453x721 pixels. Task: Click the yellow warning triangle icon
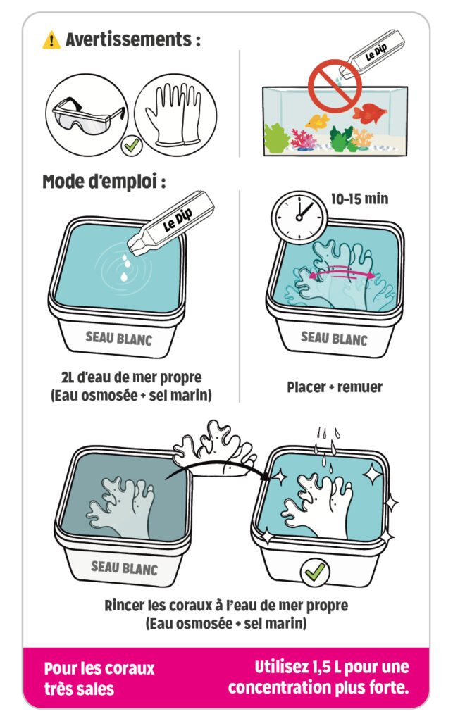click(x=51, y=40)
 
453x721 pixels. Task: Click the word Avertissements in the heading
click(x=128, y=39)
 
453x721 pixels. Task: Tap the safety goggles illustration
click(x=88, y=115)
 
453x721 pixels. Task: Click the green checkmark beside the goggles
click(x=131, y=146)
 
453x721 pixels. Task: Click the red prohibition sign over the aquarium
click(x=335, y=86)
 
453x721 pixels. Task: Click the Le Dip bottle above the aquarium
click(x=372, y=54)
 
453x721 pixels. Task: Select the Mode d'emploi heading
click(x=104, y=182)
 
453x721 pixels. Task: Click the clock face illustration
click(x=299, y=217)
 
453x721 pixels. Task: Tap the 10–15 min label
click(x=359, y=199)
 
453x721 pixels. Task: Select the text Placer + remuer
click(x=335, y=387)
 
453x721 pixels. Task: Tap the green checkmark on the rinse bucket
click(x=315, y=572)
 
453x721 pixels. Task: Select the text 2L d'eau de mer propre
click(x=132, y=377)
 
